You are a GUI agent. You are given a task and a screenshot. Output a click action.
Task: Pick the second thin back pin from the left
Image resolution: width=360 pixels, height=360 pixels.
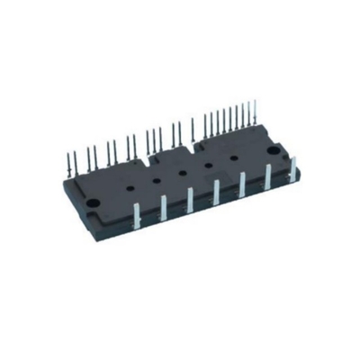[x=78, y=155]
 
